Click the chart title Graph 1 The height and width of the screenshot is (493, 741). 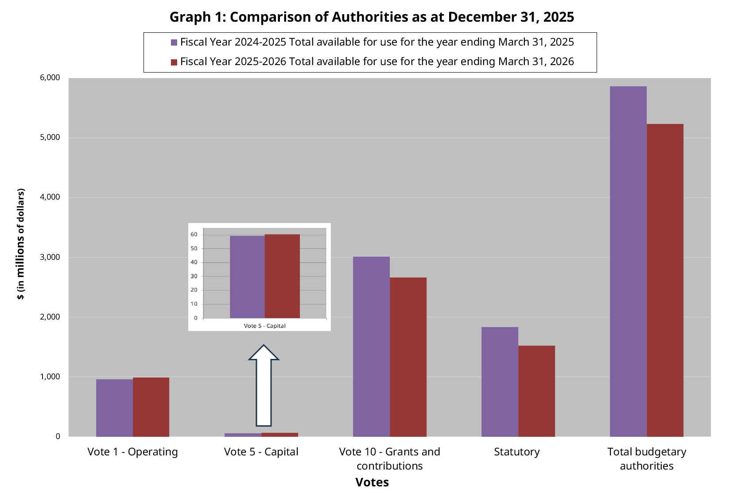371,17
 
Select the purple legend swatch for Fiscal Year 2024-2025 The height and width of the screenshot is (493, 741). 174,42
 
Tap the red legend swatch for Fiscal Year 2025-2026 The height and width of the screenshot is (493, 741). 174,62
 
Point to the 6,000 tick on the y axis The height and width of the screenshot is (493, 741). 50,77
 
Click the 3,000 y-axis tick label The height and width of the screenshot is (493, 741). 50,257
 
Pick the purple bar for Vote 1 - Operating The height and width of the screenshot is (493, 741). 114,408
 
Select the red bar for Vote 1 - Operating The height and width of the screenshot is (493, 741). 151,407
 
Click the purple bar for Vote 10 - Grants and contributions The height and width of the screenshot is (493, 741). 371,347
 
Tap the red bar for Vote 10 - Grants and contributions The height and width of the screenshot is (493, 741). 408,357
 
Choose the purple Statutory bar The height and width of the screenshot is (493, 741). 500,381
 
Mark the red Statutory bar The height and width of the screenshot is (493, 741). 536,391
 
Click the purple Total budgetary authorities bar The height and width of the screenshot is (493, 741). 628,261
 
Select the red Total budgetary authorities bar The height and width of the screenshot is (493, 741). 665,280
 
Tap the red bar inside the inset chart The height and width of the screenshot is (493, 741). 282,276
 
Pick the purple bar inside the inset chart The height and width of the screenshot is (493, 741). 247,277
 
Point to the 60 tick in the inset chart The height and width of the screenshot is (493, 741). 194,235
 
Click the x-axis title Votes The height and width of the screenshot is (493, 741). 372,482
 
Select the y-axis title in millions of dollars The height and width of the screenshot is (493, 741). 21,244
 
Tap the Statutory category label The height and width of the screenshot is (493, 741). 516,452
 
